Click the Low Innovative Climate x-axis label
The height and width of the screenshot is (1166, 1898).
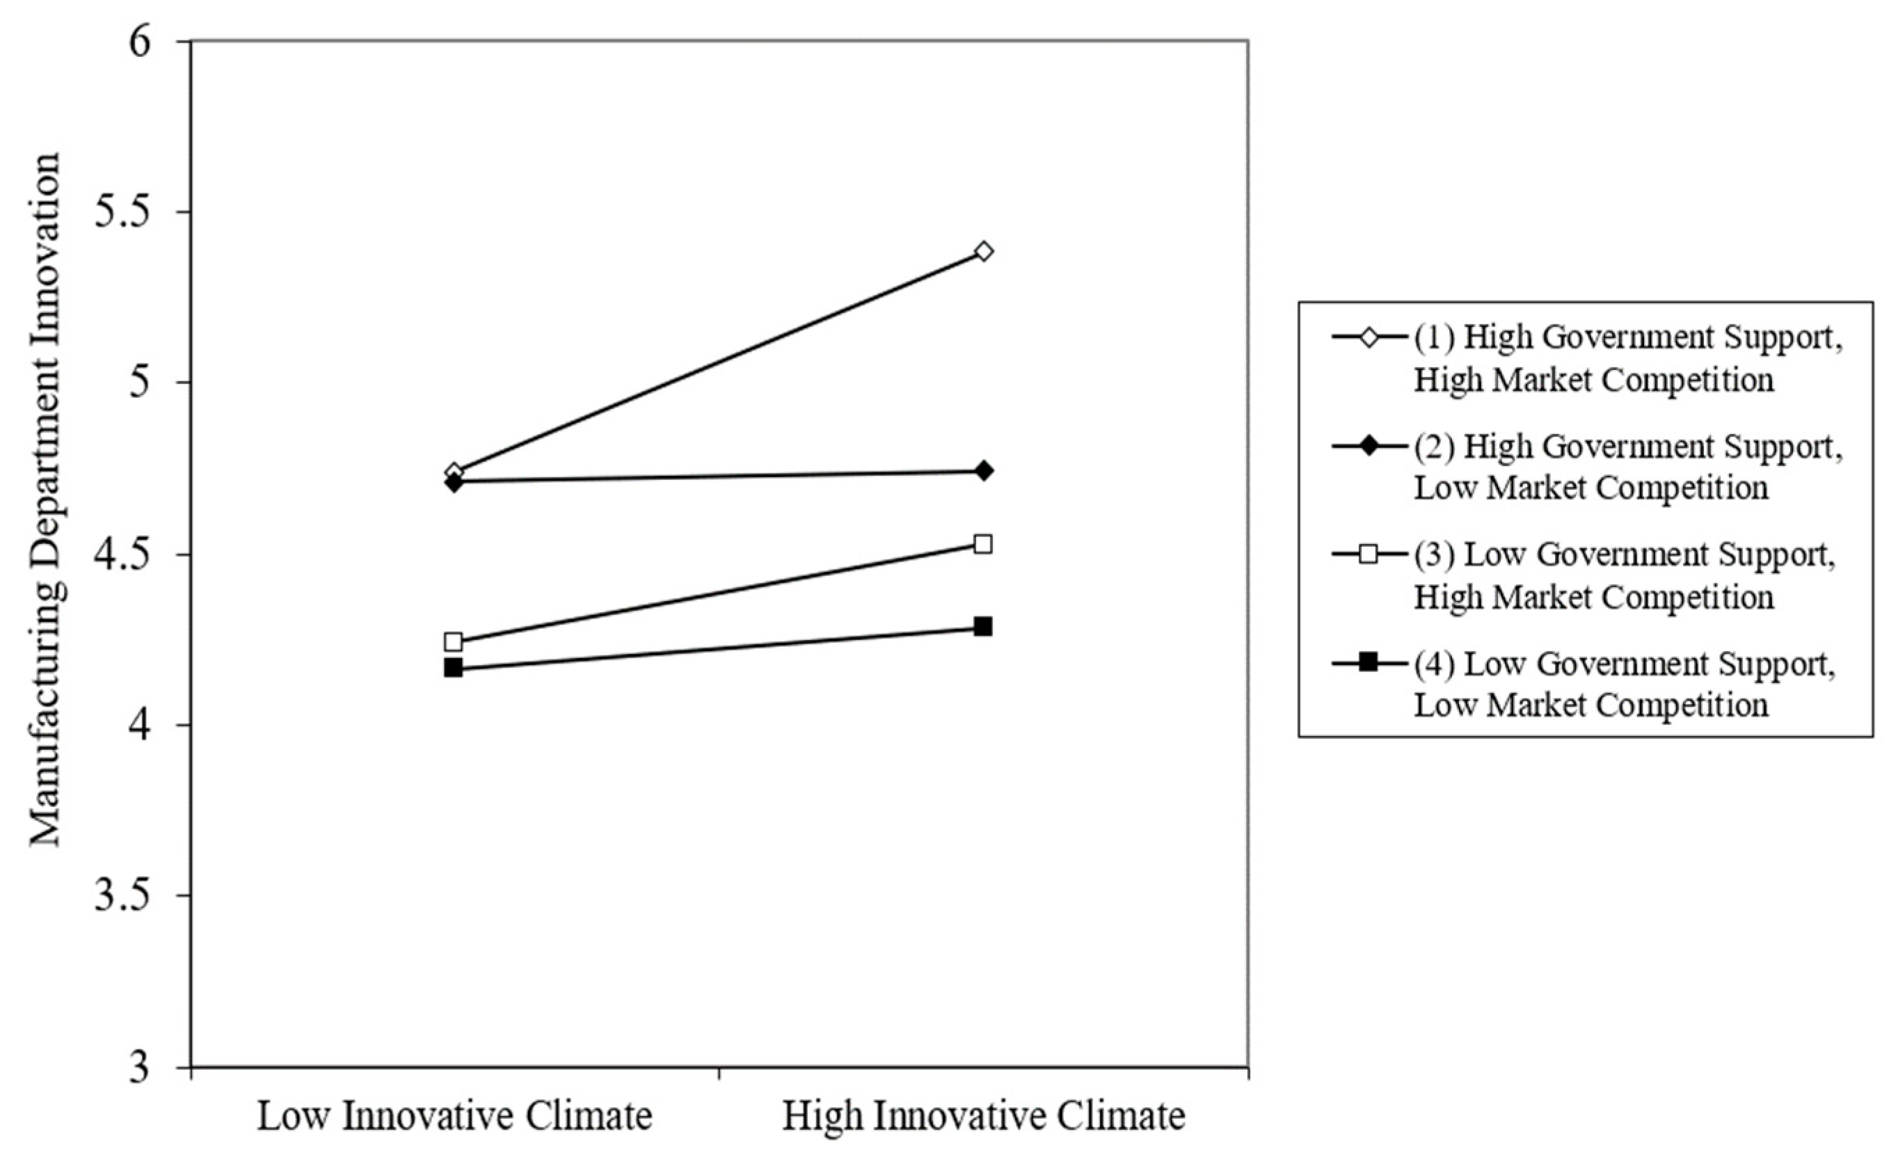click(454, 1116)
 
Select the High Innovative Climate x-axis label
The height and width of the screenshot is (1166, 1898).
click(983, 1116)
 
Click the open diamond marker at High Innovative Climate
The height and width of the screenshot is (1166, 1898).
click(983, 251)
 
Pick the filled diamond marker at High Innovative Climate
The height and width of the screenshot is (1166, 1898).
click(983, 470)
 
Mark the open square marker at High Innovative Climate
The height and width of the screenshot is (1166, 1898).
click(982, 545)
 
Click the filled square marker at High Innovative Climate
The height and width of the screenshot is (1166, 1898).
click(982, 626)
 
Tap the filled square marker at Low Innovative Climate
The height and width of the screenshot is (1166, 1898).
click(454, 668)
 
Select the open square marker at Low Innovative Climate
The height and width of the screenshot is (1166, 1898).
click(454, 641)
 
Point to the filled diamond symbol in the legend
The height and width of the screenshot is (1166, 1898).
click(1367, 447)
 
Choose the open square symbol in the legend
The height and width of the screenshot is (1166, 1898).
click(1367, 554)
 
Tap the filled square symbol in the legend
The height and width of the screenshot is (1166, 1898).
click(1367, 662)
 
